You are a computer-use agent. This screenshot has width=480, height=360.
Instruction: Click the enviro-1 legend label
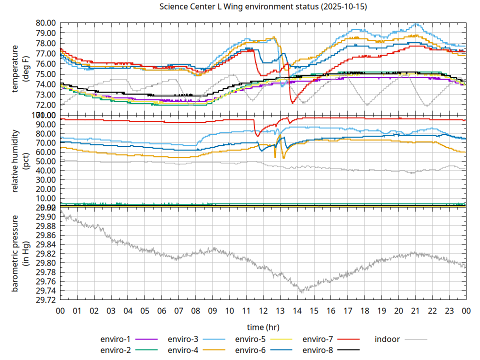(116, 339)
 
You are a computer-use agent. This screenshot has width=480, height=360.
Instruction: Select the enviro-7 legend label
(318, 339)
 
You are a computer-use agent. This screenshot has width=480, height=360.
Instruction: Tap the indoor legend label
(387, 339)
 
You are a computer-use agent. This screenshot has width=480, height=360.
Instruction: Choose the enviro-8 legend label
(318, 349)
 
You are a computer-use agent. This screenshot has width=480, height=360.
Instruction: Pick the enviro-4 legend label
(183, 349)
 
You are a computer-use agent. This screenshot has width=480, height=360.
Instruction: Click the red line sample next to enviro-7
(349, 339)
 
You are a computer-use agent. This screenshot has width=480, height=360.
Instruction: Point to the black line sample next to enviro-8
(349, 349)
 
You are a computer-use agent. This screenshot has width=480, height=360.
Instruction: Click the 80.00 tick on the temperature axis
(45, 22)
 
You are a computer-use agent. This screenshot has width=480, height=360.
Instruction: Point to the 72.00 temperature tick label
(45, 105)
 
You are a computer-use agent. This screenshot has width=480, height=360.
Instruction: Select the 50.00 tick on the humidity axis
(45, 161)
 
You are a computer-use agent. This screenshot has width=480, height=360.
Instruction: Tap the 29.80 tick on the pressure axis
(45, 263)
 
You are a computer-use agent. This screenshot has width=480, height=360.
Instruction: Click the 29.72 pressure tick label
(45, 300)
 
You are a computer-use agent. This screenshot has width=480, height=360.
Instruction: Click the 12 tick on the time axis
(263, 311)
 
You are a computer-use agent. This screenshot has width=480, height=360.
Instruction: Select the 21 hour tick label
(415, 311)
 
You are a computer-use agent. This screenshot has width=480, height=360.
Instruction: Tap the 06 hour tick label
(161, 311)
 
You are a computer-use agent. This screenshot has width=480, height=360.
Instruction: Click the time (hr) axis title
(263, 327)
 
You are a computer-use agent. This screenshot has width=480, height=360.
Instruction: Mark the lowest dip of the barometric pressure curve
(300, 291)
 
